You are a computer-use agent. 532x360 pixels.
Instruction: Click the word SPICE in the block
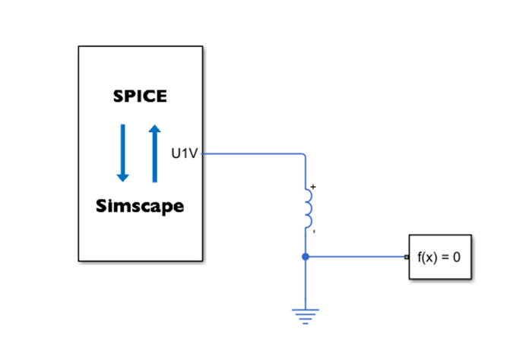pos(140,96)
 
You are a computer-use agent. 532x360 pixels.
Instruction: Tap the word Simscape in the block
pos(140,206)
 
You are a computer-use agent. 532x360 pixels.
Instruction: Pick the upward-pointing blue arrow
pos(155,153)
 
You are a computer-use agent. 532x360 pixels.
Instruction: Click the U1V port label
pos(185,153)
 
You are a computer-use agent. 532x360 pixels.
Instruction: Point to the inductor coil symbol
pos(308,208)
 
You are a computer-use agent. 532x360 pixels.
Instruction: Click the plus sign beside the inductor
pos(312,186)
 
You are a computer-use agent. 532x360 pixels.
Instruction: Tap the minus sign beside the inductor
pos(313,231)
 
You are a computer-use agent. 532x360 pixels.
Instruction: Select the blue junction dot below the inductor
pos(306,257)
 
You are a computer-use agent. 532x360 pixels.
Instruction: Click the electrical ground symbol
pos(306,314)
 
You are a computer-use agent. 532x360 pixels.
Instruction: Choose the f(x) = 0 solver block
pos(439,257)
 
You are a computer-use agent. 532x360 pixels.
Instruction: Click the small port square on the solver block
pos(407,257)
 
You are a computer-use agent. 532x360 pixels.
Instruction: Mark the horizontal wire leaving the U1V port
pos(251,153)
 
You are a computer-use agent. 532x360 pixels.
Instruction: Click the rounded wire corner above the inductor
pos(304,156)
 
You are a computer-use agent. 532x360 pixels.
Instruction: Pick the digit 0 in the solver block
pos(457,257)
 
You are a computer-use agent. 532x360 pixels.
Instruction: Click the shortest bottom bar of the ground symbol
pos(306,323)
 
